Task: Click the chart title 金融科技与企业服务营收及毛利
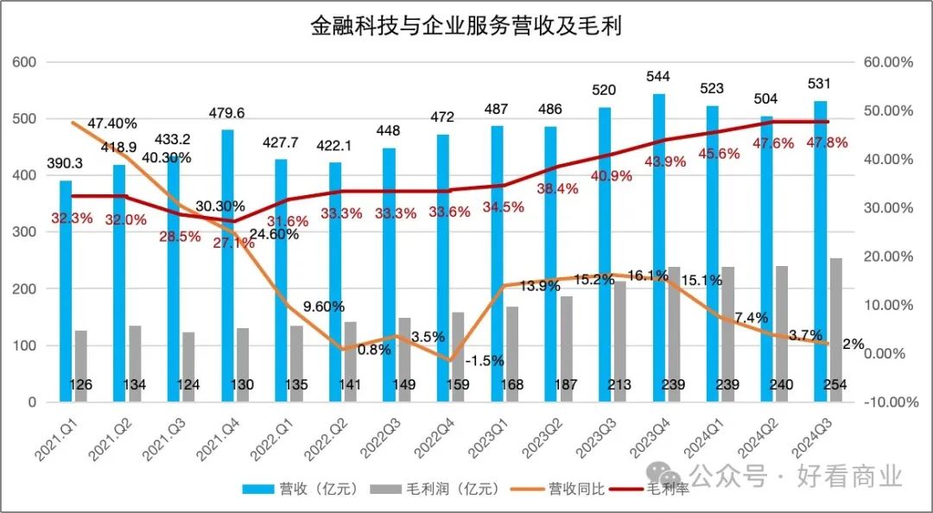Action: pyautogui.click(x=466, y=27)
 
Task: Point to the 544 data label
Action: pyautogui.click(x=658, y=77)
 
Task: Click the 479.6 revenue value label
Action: pyautogui.click(x=228, y=113)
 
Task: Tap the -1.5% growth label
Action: pyautogui.click(x=485, y=359)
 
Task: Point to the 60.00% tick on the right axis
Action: pyautogui.click(x=889, y=62)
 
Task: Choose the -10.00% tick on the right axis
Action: pyautogui.click(x=888, y=402)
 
